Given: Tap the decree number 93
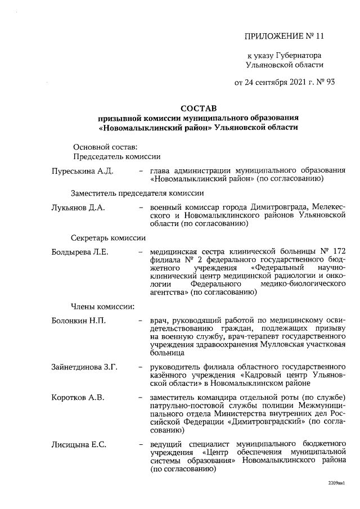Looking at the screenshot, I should point(330,83).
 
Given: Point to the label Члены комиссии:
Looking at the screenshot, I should point(102,307).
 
